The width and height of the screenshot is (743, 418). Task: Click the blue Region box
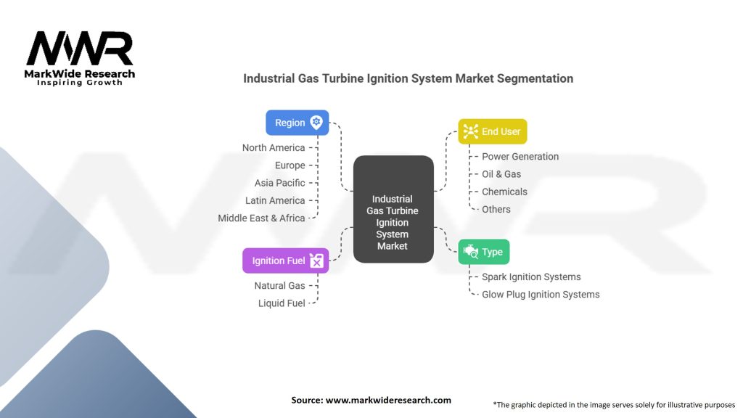297,123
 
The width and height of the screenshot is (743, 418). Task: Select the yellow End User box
493,131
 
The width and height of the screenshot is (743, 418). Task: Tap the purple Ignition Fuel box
285,261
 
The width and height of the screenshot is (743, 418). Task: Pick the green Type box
484,252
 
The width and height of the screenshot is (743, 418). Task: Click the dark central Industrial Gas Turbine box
393,209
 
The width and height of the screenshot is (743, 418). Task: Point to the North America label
274,148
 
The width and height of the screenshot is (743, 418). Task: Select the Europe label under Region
290,165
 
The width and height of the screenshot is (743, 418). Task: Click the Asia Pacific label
279,183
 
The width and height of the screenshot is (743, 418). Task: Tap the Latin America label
275,200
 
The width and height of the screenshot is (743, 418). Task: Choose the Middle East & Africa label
261,218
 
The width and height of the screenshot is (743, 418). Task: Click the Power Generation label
520,157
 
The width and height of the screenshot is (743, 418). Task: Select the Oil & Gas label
501,174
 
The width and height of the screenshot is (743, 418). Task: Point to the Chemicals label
505,192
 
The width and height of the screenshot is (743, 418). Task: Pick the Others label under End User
496,209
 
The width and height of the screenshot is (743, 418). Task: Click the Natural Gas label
279,286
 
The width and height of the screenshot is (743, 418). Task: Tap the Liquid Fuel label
282,303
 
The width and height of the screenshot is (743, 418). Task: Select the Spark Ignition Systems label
531,276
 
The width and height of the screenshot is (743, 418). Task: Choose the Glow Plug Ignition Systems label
541,295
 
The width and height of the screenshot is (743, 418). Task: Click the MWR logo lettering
80,49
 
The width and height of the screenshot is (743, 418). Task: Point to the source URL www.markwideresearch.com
389,400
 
